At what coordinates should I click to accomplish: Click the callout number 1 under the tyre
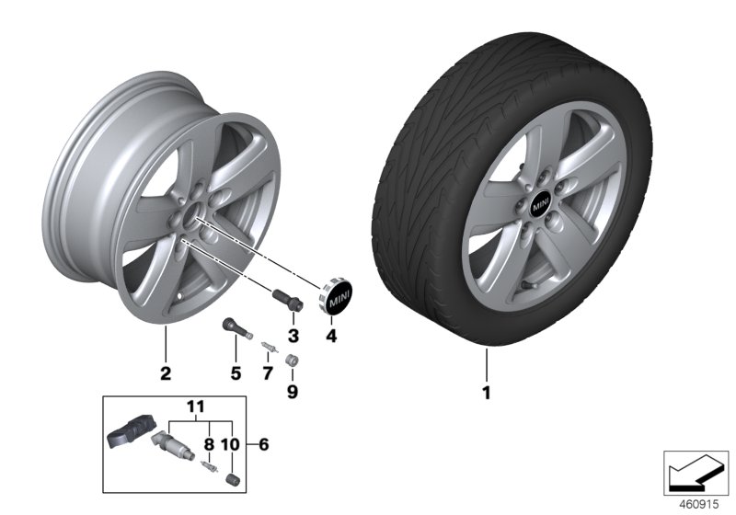[x=487, y=394]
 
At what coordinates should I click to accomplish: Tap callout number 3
[x=293, y=333]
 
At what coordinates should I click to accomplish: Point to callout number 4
[x=332, y=336]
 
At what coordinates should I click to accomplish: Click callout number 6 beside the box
[x=263, y=445]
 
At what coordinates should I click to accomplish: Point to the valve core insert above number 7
[x=268, y=347]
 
